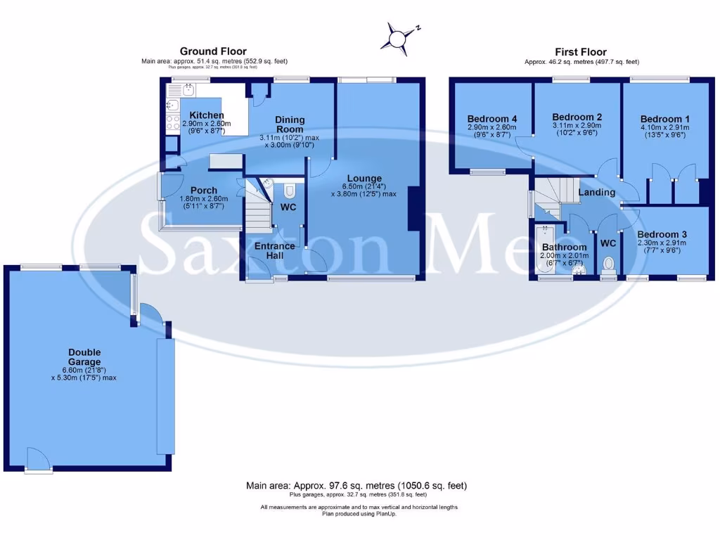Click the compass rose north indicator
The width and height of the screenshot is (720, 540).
399,37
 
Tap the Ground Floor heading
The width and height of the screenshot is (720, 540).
213,51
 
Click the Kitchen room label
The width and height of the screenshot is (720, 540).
207,115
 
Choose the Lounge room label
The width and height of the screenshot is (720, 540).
364,179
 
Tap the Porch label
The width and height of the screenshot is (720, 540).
204,191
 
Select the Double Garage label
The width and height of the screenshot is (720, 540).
84,357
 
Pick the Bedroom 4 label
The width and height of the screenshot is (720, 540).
491,117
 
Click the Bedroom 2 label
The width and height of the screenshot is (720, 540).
577,117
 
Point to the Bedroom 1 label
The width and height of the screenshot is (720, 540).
665,120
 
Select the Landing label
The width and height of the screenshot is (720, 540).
596,192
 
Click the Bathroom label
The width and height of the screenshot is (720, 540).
564,247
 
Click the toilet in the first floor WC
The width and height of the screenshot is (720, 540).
609,264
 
